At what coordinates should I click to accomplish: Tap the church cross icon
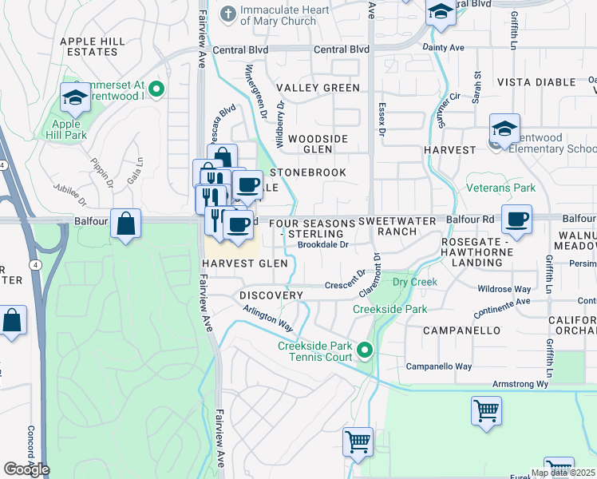[227, 14]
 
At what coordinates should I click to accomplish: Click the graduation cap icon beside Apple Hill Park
[75, 97]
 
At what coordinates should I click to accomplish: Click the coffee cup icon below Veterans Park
[517, 218]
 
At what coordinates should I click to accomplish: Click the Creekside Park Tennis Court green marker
[365, 350]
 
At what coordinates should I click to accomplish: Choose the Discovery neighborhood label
[271, 295]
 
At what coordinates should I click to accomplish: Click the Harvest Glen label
[244, 263]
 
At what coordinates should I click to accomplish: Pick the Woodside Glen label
[318, 144]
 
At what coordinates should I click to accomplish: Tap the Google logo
[26, 469]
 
